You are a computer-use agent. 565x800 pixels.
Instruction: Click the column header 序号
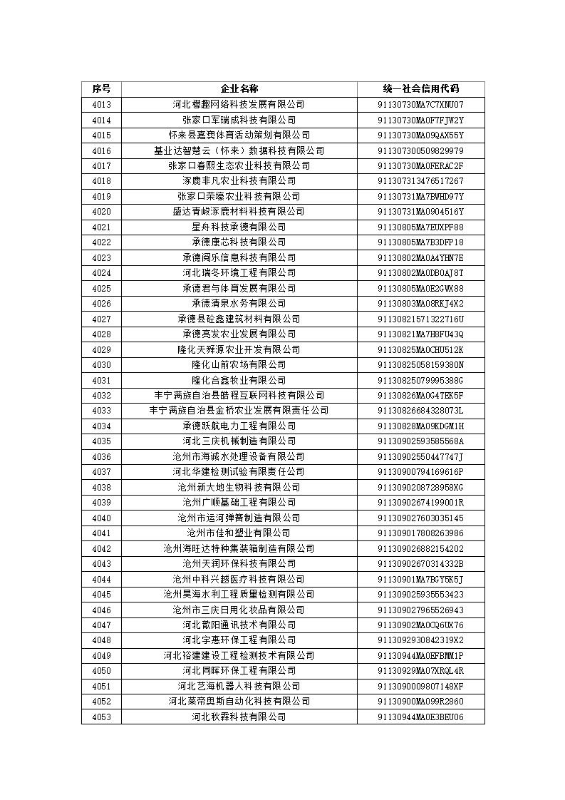pyautogui.click(x=101, y=89)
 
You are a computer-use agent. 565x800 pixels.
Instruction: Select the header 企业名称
pyautogui.click(x=239, y=89)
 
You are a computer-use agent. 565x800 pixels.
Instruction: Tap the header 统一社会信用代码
pyautogui.click(x=420, y=89)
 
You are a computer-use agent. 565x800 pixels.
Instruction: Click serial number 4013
pyautogui.click(x=101, y=105)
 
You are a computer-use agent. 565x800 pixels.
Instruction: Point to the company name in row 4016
pyautogui.click(x=239, y=150)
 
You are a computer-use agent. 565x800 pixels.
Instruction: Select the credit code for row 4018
pyautogui.click(x=420, y=181)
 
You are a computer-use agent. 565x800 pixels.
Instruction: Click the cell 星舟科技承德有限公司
pyautogui.click(x=239, y=227)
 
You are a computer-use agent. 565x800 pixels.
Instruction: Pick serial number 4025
pyautogui.click(x=101, y=288)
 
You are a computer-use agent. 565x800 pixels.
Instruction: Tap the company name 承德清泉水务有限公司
pyautogui.click(x=239, y=303)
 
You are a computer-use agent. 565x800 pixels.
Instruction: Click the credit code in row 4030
pyautogui.click(x=420, y=364)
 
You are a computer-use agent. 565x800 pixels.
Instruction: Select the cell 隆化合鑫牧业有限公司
pyautogui.click(x=239, y=380)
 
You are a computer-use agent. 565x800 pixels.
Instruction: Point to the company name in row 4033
pyautogui.click(x=239, y=411)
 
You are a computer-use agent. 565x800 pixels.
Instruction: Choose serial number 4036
pyautogui.click(x=101, y=456)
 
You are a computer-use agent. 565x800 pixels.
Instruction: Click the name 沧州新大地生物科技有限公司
pyautogui.click(x=239, y=487)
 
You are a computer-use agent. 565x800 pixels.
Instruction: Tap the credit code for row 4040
pyautogui.click(x=420, y=518)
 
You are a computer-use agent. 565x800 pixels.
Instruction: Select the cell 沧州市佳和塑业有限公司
pyautogui.click(x=239, y=533)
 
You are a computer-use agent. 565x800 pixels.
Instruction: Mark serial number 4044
pyautogui.click(x=101, y=579)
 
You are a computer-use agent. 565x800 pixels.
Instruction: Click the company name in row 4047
pyautogui.click(x=239, y=625)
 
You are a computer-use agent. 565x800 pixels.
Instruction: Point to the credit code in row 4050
pyautogui.click(x=420, y=670)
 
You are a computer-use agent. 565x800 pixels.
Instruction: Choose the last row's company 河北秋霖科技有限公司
pyautogui.click(x=239, y=717)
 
